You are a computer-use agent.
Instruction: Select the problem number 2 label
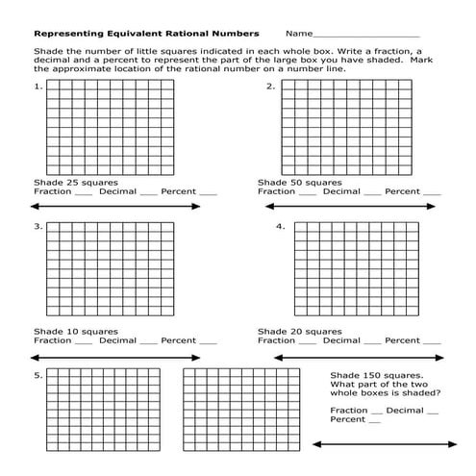pyautogui.click(x=271, y=87)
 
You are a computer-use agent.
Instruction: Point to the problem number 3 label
pyautogui.click(x=38, y=227)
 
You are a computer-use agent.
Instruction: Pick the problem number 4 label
pyautogui.click(x=280, y=227)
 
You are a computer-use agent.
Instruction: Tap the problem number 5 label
pyautogui.click(x=38, y=375)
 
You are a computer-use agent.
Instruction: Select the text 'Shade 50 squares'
pyautogui.click(x=299, y=182)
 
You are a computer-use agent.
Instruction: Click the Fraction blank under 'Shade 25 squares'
pyautogui.click(x=83, y=193)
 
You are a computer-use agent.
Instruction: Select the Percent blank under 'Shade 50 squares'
pyautogui.click(x=432, y=193)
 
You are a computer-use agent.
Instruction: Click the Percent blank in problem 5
pyautogui.click(x=376, y=421)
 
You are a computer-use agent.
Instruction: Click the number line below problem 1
pyautogui.click(x=116, y=207)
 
